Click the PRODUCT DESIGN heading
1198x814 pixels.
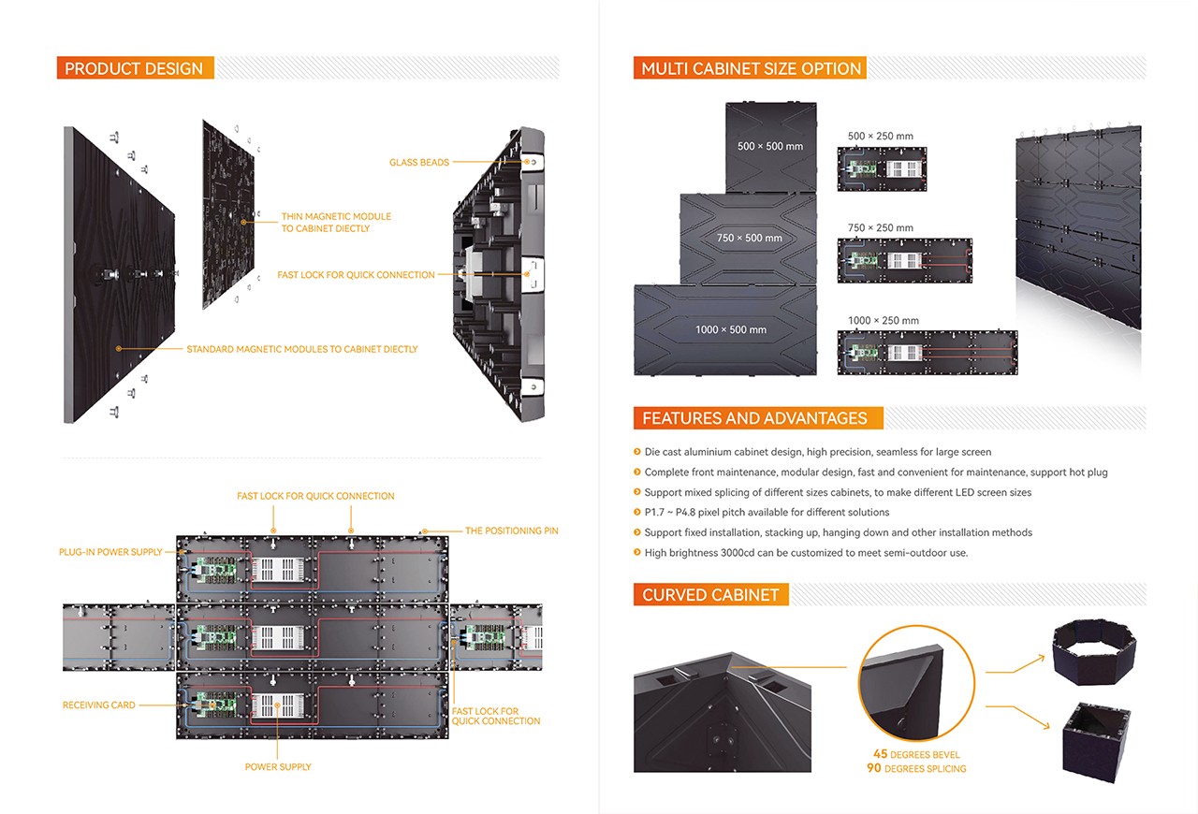pyautogui.click(x=134, y=68)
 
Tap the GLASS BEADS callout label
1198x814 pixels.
pyautogui.click(x=419, y=163)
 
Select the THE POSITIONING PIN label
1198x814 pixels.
pyautogui.click(x=511, y=531)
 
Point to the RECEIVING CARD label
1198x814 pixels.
pyautogui.click(x=98, y=705)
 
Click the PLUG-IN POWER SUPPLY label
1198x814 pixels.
pyautogui.click(x=110, y=552)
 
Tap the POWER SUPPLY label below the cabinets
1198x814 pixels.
pyautogui.click(x=278, y=767)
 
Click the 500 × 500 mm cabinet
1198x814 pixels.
pyautogui.click(x=770, y=147)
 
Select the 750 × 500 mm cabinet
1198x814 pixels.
pyautogui.click(x=749, y=238)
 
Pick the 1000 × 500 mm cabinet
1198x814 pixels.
pyautogui.click(x=731, y=329)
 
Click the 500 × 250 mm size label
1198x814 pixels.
pyautogui.click(x=880, y=137)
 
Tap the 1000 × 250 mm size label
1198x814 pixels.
pyautogui.click(x=883, y=321)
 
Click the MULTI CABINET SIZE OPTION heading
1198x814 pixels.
pyautogui.click(x=751, y=68)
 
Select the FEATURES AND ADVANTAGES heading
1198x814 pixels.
pyautogui.click(x=754, y=418)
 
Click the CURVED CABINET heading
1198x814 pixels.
pyautogui.click(x=710, y=595)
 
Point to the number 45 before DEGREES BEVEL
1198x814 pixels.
pyautogui.click(x=880, y=754)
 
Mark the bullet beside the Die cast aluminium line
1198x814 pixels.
pyautogui.click(x=636, y=452)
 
